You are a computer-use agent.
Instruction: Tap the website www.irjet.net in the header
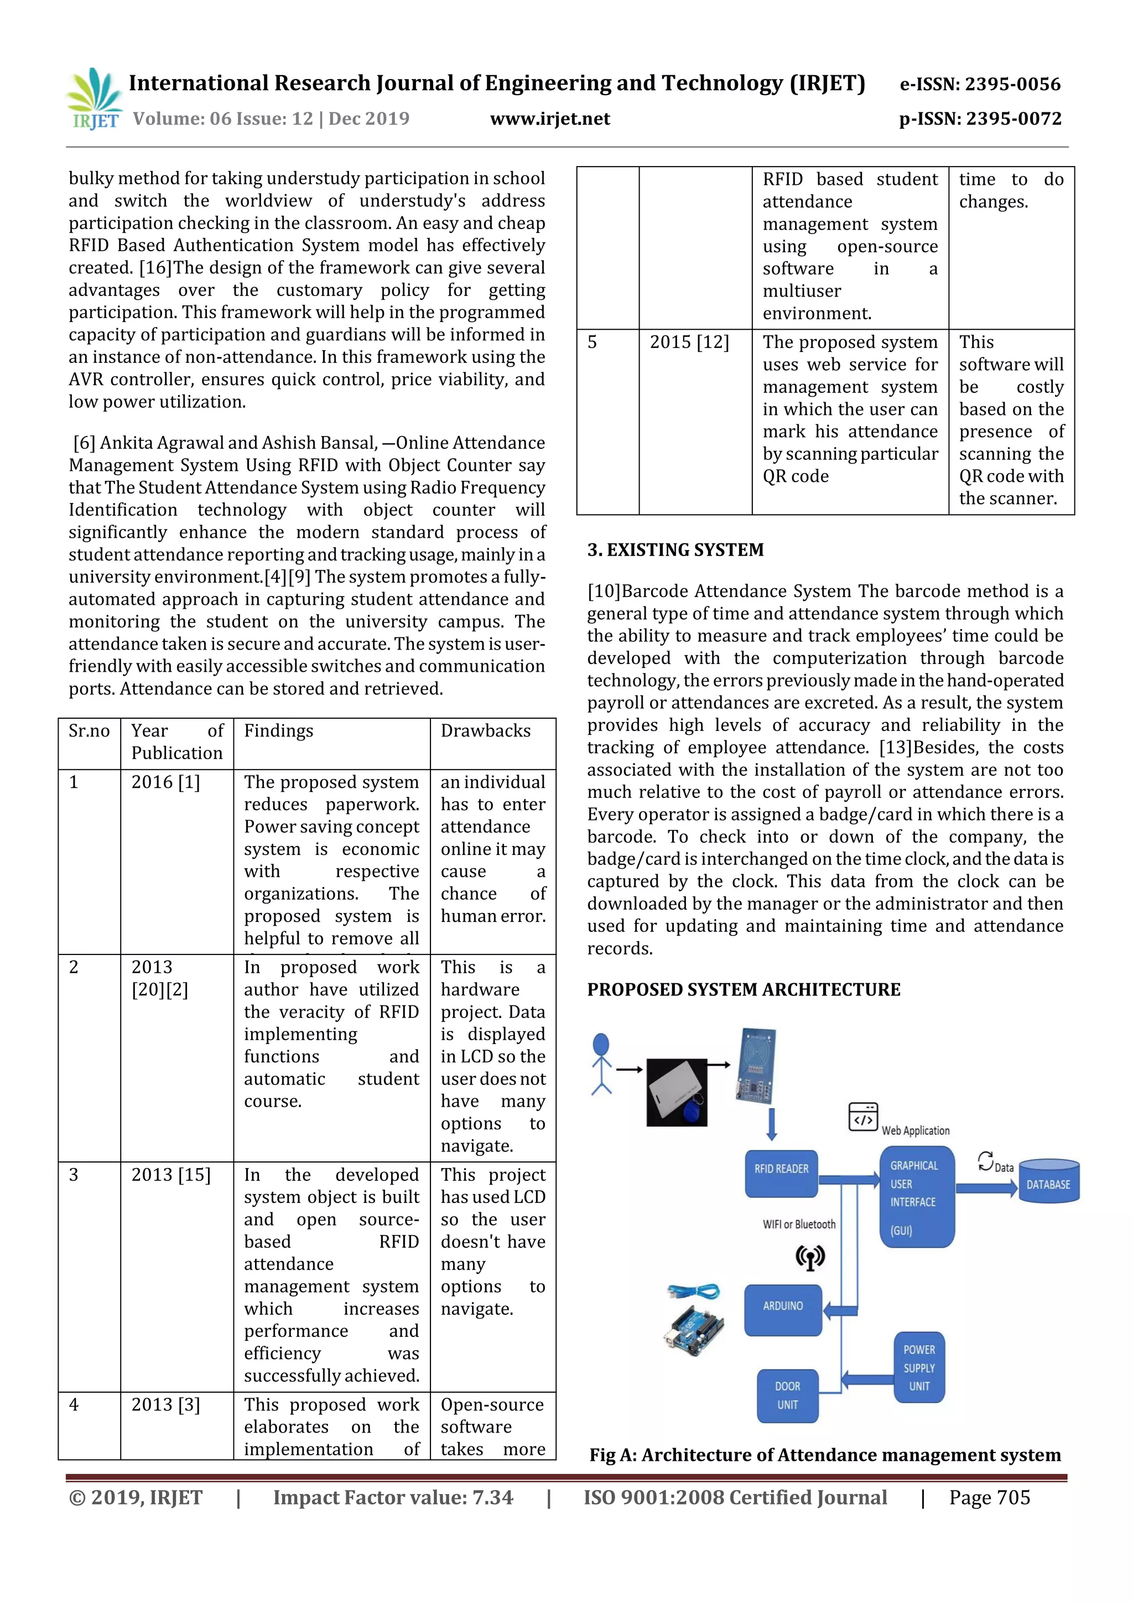[x=550, y=118]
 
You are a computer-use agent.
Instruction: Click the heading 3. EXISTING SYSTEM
[x=675, y=550]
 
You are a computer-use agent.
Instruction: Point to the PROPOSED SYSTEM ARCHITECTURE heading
[x=744, y=989]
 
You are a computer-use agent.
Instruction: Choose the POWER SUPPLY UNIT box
[x=919, y=1368]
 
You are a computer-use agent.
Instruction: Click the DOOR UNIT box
[x=787, y=1395]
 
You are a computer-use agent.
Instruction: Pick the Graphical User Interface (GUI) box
[x=916, y=1197]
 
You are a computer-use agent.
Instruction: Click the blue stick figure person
[x=601, y=1064]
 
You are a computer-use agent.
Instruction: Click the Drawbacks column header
[x=486, y=731]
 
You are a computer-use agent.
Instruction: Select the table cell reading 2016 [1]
[x=166, y=782]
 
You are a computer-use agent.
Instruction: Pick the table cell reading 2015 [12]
[x=689, y=342]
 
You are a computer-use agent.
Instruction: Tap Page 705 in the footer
[x=989, y=1497]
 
